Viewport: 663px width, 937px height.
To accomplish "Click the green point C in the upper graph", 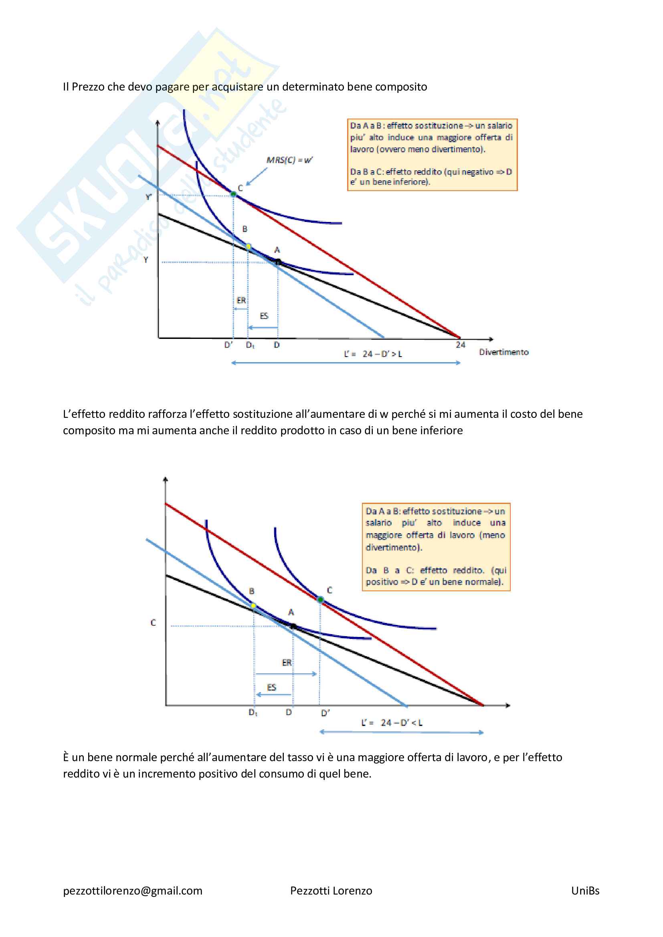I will (234, 194).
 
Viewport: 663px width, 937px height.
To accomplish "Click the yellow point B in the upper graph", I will (248, 246).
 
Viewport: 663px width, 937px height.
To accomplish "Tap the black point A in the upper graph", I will (278, 262).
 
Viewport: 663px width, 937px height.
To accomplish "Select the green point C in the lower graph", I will (321, 600).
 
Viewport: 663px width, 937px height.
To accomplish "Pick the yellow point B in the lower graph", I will (253, 606).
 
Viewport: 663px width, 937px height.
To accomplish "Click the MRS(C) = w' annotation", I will (289, 160).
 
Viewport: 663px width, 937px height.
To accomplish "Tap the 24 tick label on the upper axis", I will (461, 345).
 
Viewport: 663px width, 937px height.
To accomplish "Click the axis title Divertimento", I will (503, 352).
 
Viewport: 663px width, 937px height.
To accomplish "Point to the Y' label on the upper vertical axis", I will (149, 197).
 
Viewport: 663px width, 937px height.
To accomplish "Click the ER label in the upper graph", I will (241, 300).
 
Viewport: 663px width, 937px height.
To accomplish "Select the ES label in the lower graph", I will (271, 687).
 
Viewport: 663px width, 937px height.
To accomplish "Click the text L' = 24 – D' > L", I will (373, 354).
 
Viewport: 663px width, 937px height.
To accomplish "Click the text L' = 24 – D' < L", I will (392, 723).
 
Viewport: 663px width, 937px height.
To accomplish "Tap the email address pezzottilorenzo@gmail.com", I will (133, 891).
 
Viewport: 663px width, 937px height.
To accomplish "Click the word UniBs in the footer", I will (585, 891).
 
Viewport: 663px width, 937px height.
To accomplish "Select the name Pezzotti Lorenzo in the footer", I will (331, 891).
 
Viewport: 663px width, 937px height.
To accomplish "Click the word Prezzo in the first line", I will (88, 87).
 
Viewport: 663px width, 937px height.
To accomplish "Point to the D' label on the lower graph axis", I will (325, 713).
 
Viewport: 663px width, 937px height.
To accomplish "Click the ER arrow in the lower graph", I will (286, 674).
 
